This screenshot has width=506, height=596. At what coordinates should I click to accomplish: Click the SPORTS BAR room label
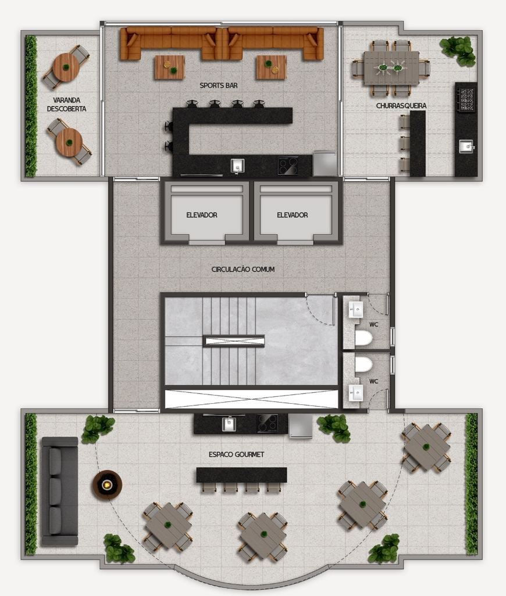pos(218,85)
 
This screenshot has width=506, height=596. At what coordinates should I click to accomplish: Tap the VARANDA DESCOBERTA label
pos(66,105)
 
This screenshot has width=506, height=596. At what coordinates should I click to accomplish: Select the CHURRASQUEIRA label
pos(401,106)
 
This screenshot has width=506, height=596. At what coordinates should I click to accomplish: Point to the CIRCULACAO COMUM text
pos(243,269)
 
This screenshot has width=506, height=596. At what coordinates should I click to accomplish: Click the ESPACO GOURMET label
pos(236,454)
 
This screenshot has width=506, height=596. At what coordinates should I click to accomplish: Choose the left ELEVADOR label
pos(202,215)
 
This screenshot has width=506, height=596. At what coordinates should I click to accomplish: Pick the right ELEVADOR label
pos(292,215)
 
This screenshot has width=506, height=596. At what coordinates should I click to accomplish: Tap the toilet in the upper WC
pos(363,338)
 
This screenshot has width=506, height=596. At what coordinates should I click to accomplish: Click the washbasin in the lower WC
pos(356,393)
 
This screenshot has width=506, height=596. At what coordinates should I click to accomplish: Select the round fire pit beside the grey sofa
pos(107,484)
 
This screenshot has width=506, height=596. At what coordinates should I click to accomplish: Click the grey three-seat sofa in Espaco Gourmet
pos(60,491)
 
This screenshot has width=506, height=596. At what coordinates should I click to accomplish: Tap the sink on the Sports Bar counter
pos(237,166)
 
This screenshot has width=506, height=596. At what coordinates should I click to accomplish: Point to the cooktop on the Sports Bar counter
pos(288,166)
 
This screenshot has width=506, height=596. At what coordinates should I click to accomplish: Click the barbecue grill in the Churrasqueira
pos(466,99)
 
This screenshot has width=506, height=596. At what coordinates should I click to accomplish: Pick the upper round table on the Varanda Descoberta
pos(66,67)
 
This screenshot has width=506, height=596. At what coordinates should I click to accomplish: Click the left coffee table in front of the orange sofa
pos(169,67)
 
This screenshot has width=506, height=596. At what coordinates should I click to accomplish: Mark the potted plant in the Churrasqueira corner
pos(458,50)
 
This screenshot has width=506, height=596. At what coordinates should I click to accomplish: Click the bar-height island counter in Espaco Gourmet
pos(241,475)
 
